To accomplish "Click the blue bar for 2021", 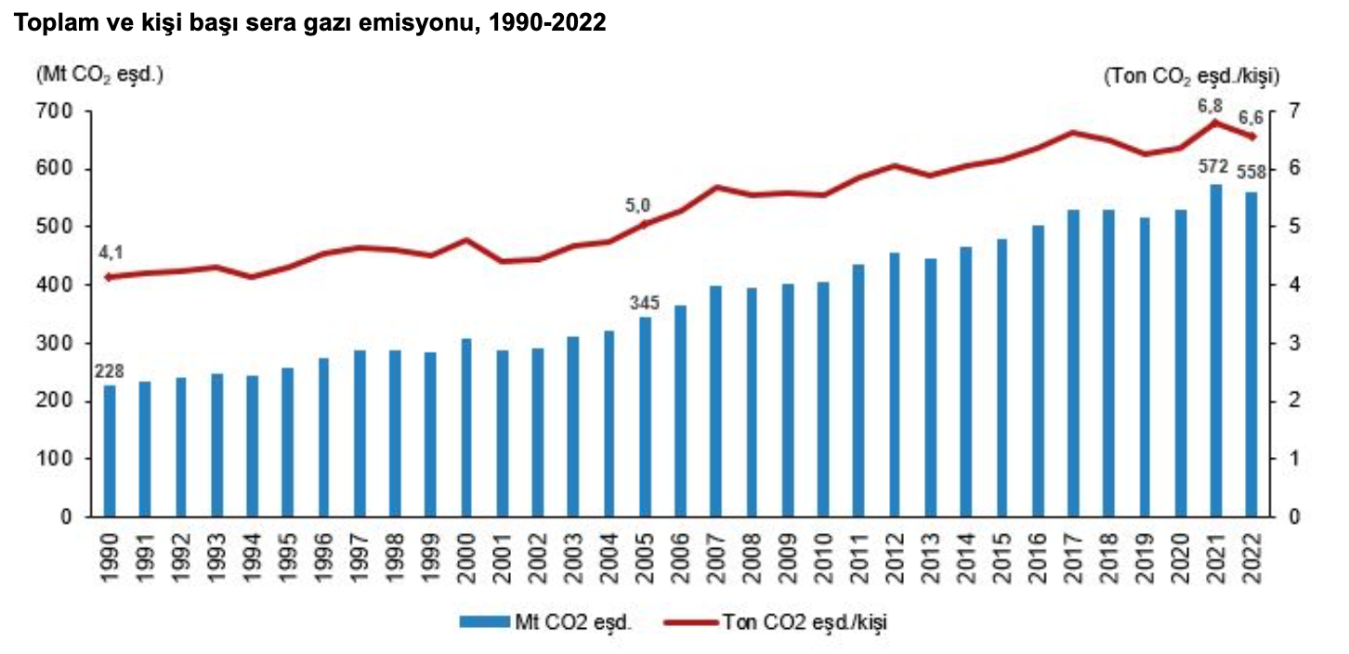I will click(x=1215, y=350).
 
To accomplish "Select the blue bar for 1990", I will click(x=110, y=451).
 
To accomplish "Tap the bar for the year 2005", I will click(x=646, y=417).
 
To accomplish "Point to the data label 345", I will click(x=644, y=303).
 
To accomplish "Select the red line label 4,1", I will click(x=110, y=253).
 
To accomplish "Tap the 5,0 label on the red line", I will click(x=638, y=206).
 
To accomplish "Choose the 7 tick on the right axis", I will click(x=1294, y=111).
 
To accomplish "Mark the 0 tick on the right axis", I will click(x=1294, y=517).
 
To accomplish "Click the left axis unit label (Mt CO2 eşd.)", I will click(x=99, y=74).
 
